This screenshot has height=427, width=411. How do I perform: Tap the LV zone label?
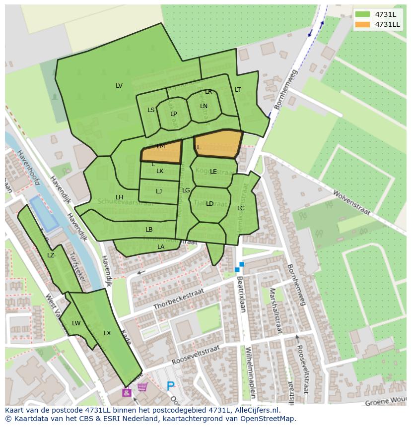119,86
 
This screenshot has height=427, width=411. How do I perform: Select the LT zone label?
238,90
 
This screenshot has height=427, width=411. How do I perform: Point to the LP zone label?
174,114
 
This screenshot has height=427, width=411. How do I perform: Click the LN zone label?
204,106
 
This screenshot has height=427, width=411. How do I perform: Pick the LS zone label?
151,110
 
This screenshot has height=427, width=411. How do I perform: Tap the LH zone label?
119,197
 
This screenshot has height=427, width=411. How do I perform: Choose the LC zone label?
241,208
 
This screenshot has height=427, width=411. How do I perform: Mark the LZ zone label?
51,255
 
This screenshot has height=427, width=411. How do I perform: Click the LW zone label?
76,323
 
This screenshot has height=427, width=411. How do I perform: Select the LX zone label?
107,333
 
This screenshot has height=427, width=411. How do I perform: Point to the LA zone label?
161,247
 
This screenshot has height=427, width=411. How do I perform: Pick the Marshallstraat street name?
275,311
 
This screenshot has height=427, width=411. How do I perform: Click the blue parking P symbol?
171,385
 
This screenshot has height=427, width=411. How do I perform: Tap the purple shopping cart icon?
142,387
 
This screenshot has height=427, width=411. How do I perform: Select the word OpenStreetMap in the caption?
268,419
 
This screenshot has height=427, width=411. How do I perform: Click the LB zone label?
149,230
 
